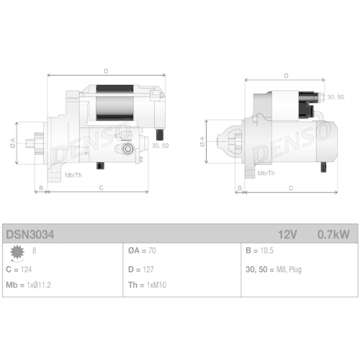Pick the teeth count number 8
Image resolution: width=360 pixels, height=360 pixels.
pos(34,251)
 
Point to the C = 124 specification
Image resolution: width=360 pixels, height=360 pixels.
pos(19,269)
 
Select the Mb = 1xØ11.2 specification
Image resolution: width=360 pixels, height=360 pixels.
pos(28,284)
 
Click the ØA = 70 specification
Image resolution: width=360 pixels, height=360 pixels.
pos(142,251)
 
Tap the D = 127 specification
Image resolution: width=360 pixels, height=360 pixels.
pos(141,269)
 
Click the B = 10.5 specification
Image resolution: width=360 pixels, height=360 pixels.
pos(259,251)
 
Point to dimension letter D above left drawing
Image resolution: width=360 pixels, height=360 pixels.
pos(105,71)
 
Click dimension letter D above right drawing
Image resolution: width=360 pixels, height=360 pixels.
pos(286,75)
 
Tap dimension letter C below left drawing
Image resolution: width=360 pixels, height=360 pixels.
pos(100,188)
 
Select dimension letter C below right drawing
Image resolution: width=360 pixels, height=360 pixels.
pos(290,188)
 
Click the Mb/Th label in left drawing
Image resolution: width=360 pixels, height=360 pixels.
pos(73,175)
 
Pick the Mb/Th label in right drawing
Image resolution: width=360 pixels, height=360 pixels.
pos(266,174)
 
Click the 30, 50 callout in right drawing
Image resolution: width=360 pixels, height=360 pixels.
pos(335,96)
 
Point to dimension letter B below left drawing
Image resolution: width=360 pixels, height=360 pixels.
pos(41,188)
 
